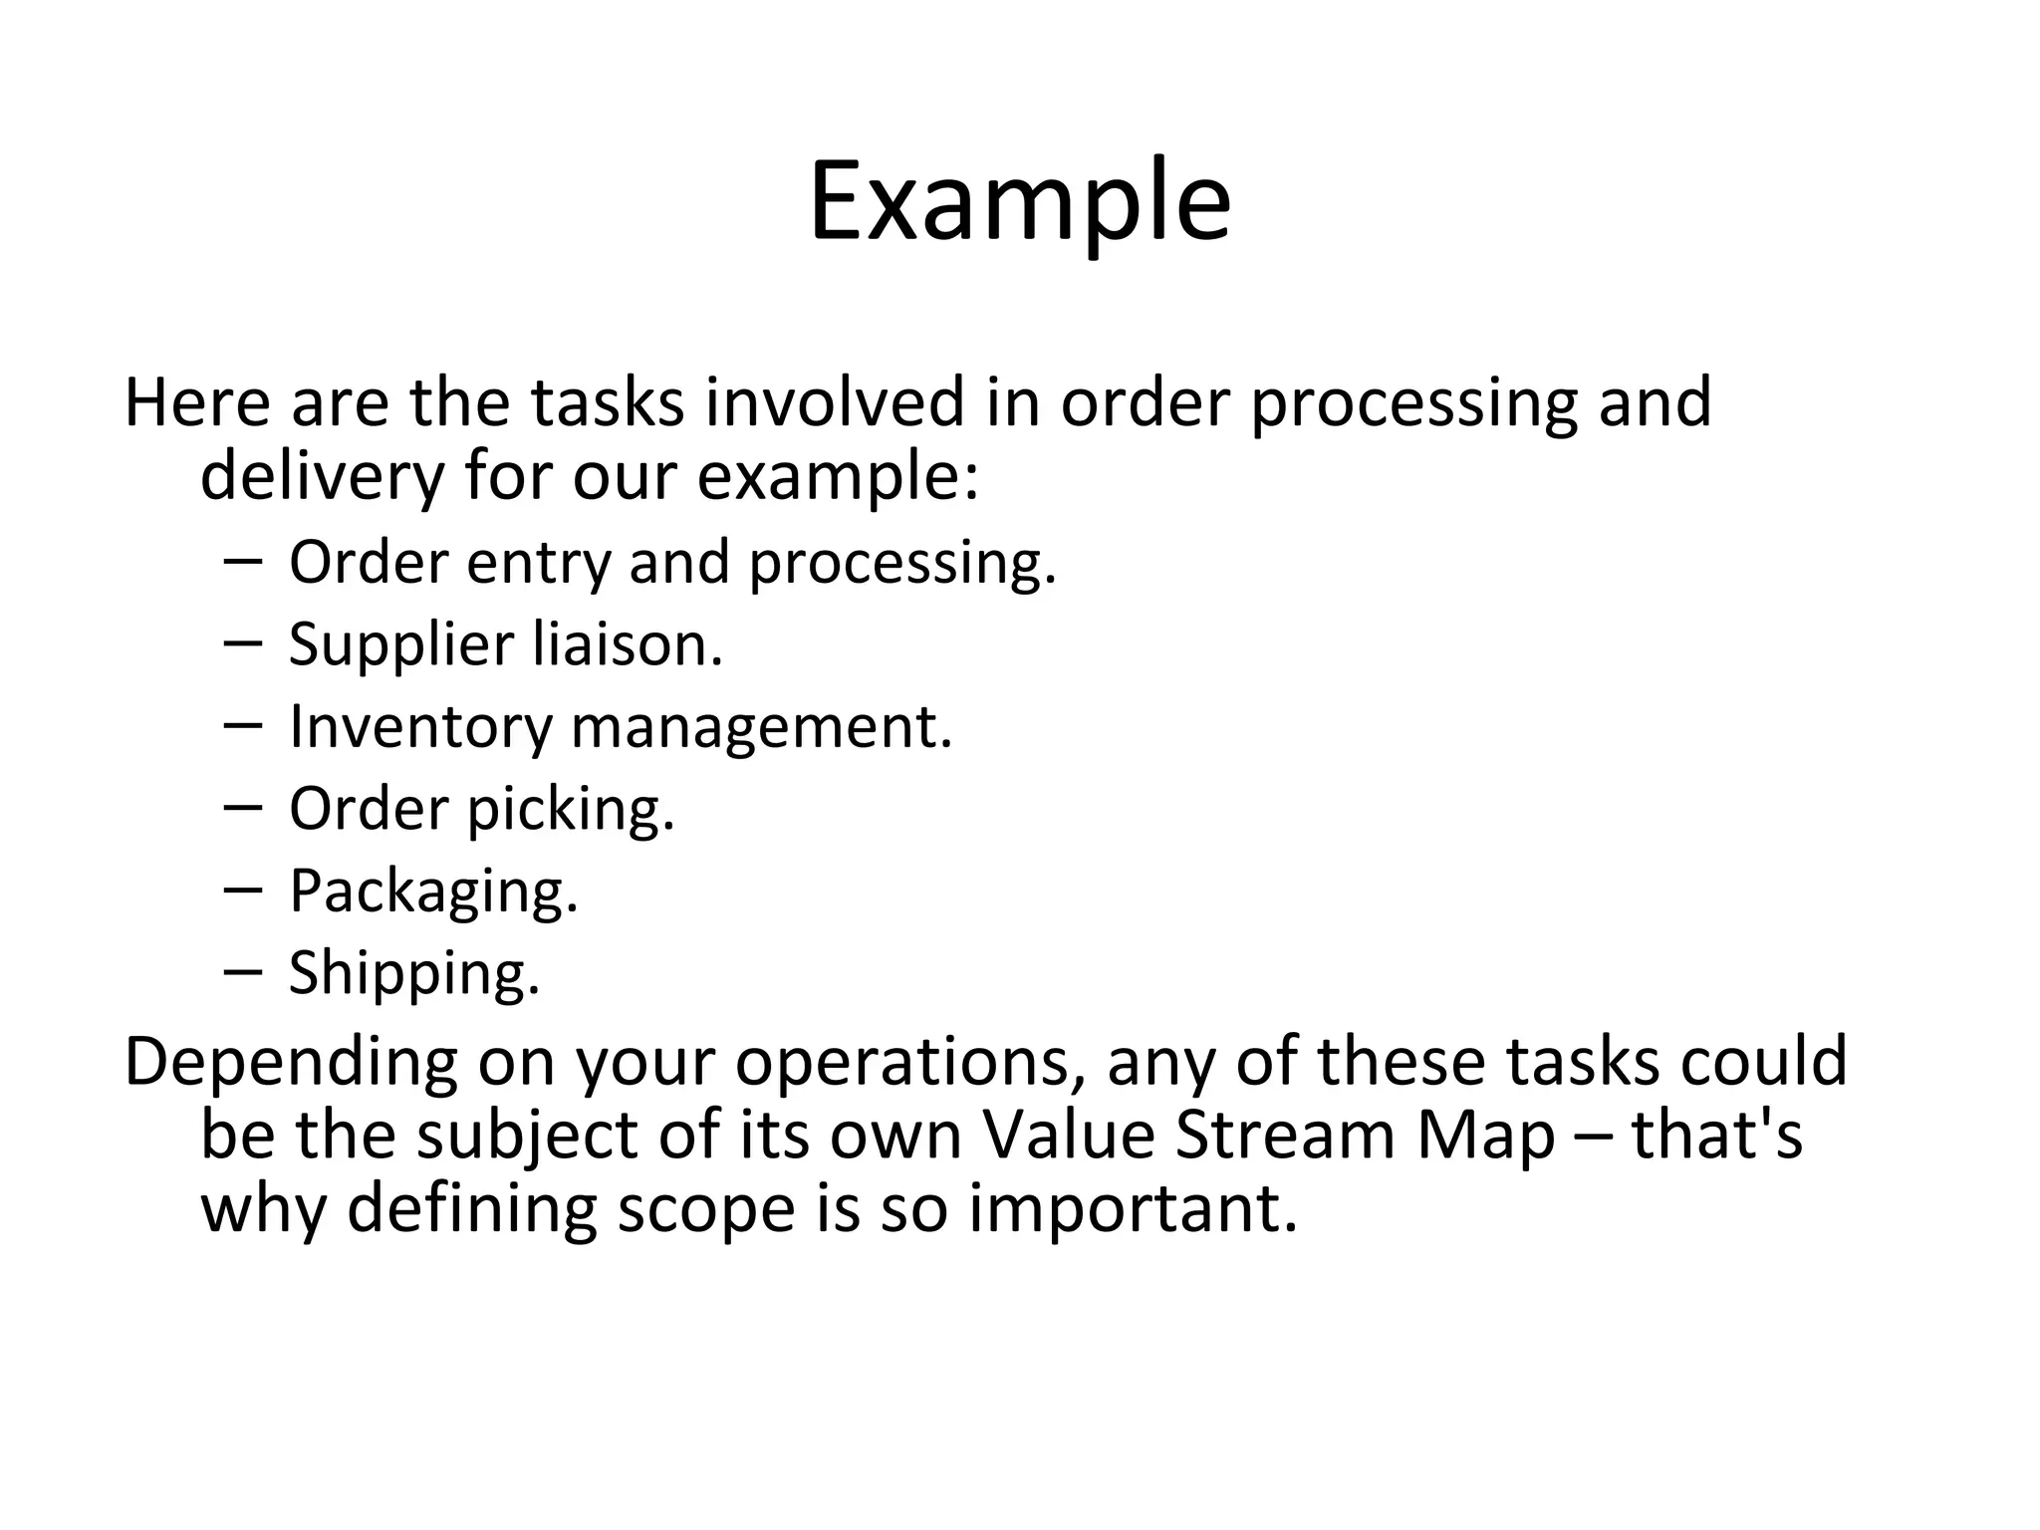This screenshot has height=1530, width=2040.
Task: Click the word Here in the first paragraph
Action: [x=197, y=402]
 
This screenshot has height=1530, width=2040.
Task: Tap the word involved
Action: [x=835, y=402]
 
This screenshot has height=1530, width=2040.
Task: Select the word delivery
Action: [x=322, y=476]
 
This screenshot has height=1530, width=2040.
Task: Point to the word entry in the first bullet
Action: [x=538, y=562]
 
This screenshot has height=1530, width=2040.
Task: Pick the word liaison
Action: [x=628, y=643]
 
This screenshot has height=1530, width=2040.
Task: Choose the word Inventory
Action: [x=419, y=727]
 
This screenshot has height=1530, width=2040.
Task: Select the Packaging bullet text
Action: [x=433, y=892]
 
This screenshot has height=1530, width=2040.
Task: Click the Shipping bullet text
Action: [x=414, y=973]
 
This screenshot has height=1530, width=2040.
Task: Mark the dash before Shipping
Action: [x=243, y=970]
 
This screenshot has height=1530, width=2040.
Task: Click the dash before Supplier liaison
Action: [x=243, y=642]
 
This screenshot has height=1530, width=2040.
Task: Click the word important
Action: [x=1134, y=1209]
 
